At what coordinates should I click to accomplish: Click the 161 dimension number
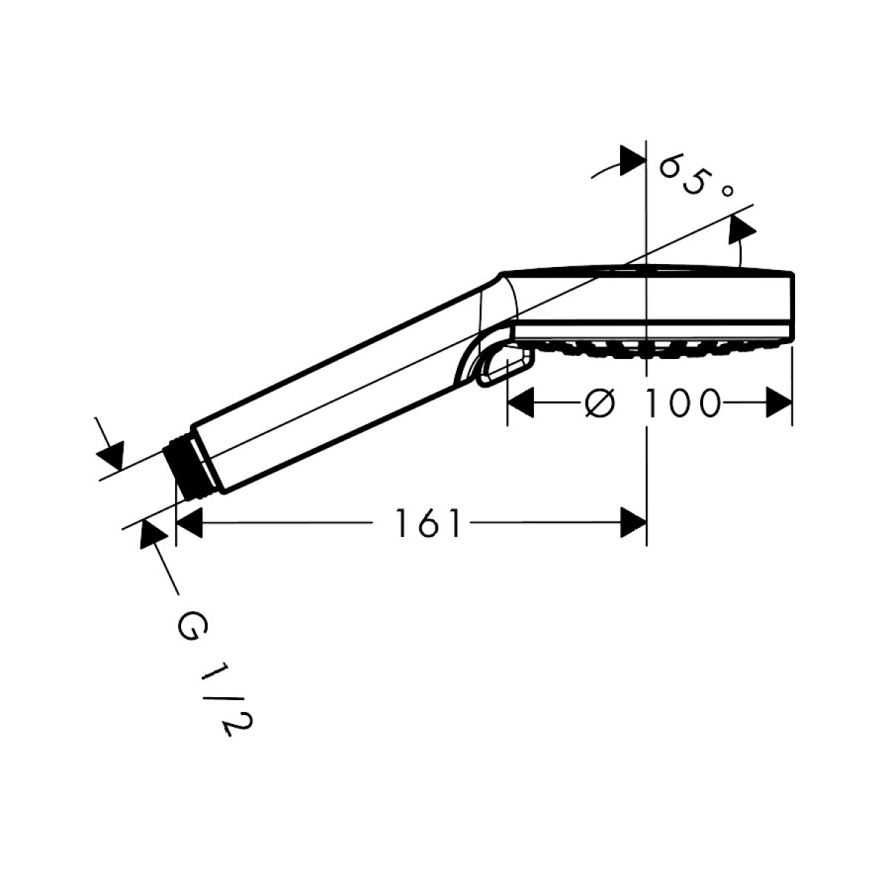coord(428,523)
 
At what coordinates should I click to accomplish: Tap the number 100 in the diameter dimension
coord(682,403)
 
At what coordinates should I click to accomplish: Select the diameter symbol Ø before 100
coord(601,403)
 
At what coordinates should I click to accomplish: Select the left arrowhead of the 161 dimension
coord(189,523)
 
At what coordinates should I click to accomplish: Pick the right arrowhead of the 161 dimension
coord(633,523)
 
